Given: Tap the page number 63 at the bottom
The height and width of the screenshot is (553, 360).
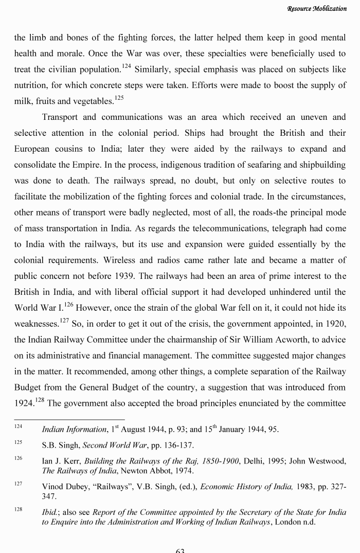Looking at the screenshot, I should click(180, 550).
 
